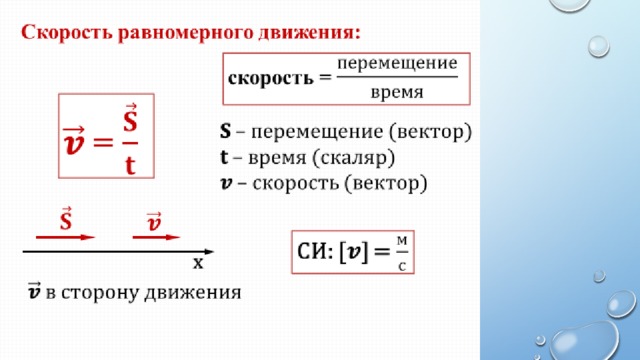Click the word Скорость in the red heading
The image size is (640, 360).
coord(67,33)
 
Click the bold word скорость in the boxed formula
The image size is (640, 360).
coord(271,78)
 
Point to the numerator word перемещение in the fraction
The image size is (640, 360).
coord(397,64)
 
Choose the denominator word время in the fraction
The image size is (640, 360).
coord(397,92)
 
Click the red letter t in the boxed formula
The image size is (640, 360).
coord(130,165)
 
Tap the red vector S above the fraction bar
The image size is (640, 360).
coord(130,118)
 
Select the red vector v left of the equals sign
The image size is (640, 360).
coord(74,141)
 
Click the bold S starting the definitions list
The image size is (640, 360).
coord(225,131)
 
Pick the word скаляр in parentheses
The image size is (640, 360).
coord(353,158)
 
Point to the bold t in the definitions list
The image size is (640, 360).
coord(224,157)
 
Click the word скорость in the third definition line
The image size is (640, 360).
coord(296,183)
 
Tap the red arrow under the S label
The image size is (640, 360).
coord(65,237)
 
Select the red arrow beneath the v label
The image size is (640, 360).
coord(156,237)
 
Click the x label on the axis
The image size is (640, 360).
coord(198,263)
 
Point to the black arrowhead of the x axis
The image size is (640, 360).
coord(209,252)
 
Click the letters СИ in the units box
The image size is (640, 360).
coord(312,251)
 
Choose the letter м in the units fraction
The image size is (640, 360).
coord(402,241)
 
